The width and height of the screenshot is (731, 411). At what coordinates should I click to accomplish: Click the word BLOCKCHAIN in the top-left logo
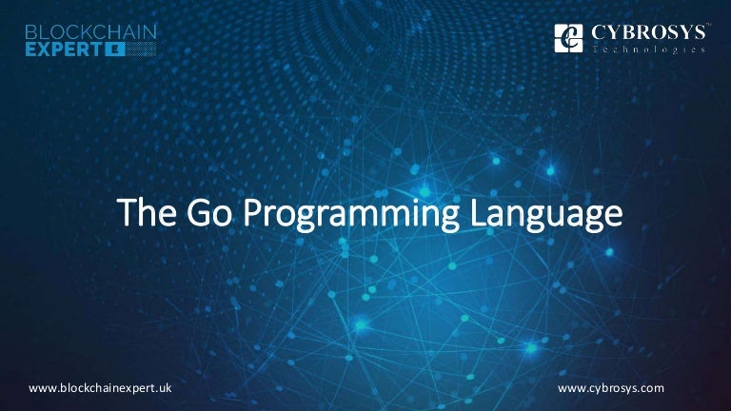pos(91,31)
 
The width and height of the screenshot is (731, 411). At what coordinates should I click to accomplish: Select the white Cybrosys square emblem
pos(568,38)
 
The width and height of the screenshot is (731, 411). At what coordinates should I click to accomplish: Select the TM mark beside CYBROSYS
pos(705,26)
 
